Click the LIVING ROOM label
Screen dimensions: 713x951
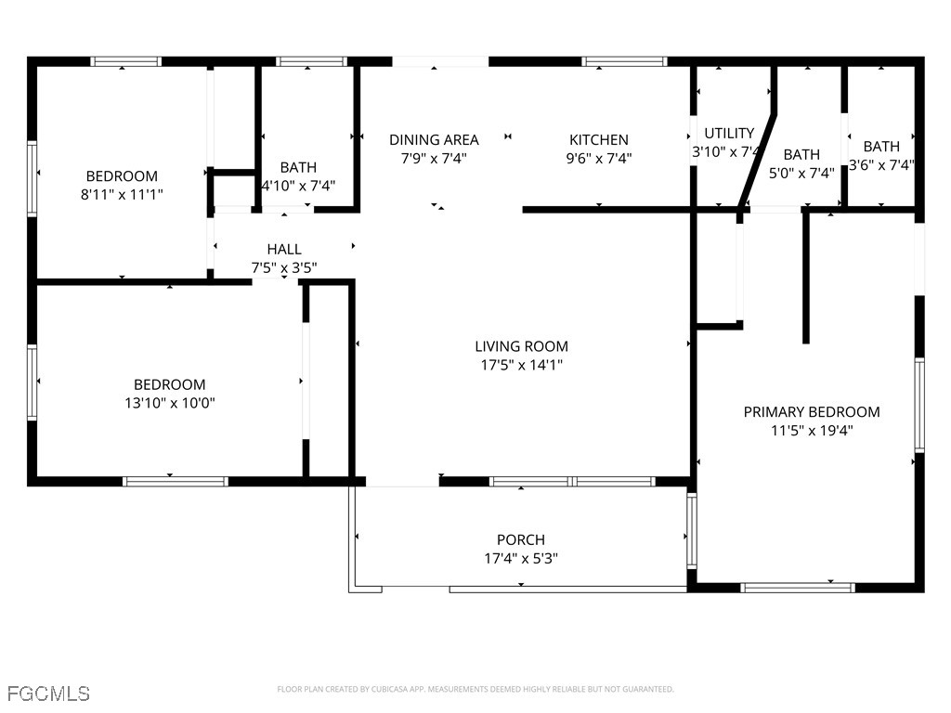(521, 346)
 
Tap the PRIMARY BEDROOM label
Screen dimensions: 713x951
(811, 411)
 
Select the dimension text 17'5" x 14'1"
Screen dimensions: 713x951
(521, 365)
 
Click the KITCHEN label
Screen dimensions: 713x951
(598, 139)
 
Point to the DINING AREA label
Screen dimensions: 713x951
(434, 139)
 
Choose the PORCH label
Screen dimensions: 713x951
(520, 539)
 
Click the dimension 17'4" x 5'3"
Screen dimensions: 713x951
(520, 558)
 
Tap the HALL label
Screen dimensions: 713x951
(284, 249)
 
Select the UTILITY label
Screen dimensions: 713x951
(729, 133)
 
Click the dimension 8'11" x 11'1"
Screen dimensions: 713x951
(122, 194)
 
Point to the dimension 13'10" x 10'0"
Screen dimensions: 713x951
(169, 403)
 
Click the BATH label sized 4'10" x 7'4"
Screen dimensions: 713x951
(298, 167)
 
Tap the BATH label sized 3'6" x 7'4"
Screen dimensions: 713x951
(881, 146)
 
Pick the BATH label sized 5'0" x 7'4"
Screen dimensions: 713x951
(801, 154)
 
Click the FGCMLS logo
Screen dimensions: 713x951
(48, 694)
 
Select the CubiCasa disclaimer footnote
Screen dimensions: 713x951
(475, 689)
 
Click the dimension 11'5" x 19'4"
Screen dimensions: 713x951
(811, 430)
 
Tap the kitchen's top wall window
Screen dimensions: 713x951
(624, 61)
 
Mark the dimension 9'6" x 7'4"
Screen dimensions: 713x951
(598, 158)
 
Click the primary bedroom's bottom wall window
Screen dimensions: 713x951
(798, 587)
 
